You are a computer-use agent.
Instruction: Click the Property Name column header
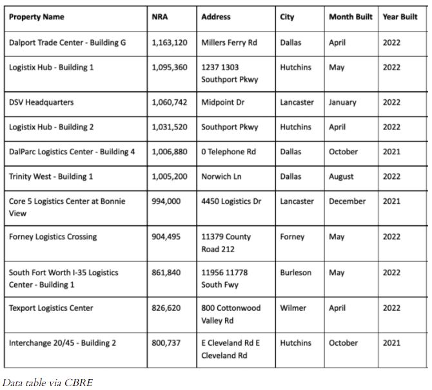click(x=36, y=17)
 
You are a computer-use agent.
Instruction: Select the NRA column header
click(x=159, y=17)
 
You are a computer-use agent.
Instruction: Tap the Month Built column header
click(x=350, y=17)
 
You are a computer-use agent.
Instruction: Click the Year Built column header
click(x=400, y=17)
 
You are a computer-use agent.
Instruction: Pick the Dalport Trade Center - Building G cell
click(x=67, y=42)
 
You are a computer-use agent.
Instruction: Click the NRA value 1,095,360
click(x=170, y=67)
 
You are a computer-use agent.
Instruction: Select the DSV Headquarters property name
click(x=41, y=102)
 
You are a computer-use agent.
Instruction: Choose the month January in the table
click(x=343, y=102)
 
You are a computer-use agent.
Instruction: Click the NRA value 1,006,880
click(x=170, y=152)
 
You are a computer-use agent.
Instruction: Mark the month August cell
click(x=341, y=176)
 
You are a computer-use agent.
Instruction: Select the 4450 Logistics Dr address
click(x=231, y=201)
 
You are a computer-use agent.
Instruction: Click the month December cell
click(x=347, y=201)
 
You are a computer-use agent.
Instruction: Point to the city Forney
click(x=293, y=237)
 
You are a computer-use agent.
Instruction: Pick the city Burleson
click(x=296, y=272)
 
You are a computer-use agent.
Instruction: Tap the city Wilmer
click(x=293, y=308)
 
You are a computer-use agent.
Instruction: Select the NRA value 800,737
click(x=166, y=343)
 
